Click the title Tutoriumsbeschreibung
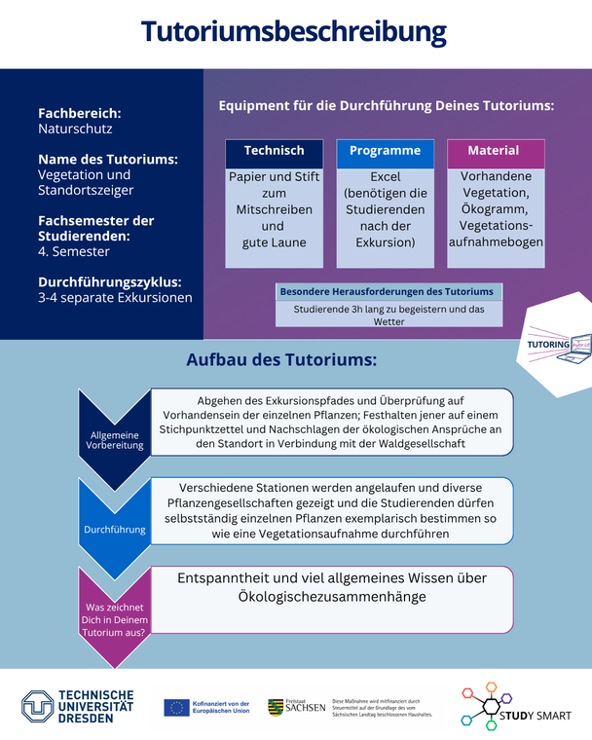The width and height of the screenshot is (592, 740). [294, 31]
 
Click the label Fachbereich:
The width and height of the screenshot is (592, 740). [80, 112]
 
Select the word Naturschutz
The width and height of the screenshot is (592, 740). [75, 129]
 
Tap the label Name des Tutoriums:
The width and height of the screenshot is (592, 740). [107, 159]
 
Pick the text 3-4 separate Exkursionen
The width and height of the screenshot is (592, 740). [115, 298]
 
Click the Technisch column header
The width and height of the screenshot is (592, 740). [274, 151]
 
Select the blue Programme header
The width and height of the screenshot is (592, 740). [385, 151]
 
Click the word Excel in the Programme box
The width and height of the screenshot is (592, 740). [386, 178]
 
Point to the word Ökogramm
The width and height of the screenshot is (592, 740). [496, 209]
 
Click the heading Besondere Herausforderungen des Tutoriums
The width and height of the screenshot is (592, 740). [387, 291]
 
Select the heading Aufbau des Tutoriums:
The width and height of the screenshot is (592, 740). [281, 360]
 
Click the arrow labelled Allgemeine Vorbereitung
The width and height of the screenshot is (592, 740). [115, 438]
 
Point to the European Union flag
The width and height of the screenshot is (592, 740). [176, 707]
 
